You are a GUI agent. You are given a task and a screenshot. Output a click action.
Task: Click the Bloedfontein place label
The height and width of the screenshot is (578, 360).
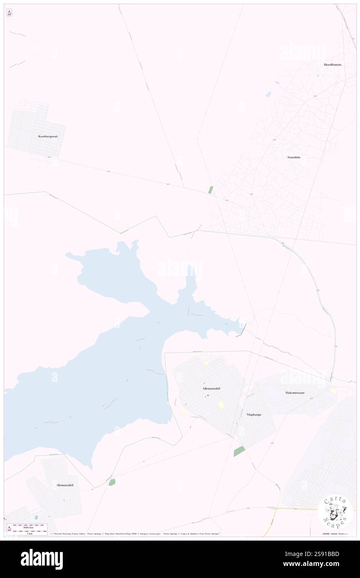[x=333, y=64]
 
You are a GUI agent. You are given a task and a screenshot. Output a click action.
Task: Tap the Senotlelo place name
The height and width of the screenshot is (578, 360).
[x=294, y=157]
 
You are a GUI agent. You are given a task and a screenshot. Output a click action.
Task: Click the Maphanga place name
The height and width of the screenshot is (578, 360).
[x=254, y=415]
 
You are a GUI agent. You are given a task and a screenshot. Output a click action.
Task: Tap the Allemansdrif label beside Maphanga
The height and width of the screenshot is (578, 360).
[x=211, y=388]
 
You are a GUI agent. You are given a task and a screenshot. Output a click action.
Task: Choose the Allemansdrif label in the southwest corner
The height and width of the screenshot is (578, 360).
[x=64, y=485]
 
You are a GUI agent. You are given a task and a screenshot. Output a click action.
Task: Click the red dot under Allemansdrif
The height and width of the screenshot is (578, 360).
[x=208, y=395]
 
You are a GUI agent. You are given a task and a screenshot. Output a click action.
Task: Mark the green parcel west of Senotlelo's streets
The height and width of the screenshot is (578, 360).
[x=211, y=190]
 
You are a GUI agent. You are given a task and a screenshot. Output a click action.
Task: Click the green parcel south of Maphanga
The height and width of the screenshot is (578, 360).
[x=239, y=451]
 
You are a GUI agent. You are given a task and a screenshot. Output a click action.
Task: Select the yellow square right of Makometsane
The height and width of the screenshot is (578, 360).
[x=333, y=390]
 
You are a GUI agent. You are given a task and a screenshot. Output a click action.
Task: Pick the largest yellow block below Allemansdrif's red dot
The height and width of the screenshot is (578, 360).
[x=221, y=405]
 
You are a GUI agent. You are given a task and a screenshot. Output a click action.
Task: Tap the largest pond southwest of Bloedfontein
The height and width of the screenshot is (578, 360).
[x=269, y=94]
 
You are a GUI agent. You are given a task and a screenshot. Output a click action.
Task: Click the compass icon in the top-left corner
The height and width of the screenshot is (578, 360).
[x=9, y=13]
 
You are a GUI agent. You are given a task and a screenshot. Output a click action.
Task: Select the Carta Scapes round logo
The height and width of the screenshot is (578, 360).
[x=335, y=511]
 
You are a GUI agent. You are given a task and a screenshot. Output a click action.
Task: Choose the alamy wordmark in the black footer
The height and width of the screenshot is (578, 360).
[x=42, y=559]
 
